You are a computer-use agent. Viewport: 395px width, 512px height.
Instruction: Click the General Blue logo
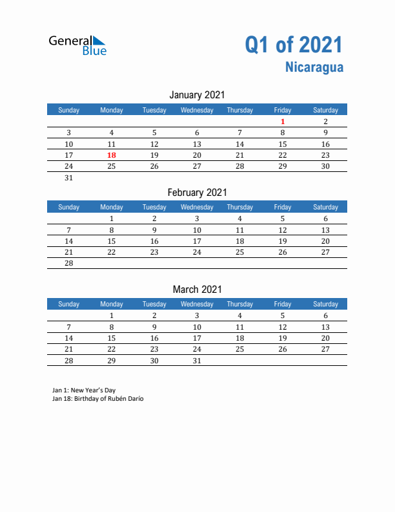[x=77, y=45]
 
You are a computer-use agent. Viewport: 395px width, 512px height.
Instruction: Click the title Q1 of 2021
[x=294, y=45]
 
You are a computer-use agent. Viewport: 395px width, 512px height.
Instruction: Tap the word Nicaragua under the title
[x=314, y=67]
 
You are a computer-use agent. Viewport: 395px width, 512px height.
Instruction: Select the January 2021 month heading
[x=197, y=95]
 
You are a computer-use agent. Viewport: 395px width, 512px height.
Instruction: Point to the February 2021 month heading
[x=197, y=192]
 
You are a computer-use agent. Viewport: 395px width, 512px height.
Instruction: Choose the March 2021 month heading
[x=197, y=289]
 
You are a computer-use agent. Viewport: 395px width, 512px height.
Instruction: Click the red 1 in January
[x=283, y=122]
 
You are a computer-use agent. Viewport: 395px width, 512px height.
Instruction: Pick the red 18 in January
[x=112, y=155]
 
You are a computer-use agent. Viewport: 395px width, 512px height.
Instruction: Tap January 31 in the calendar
[x=69, y=178]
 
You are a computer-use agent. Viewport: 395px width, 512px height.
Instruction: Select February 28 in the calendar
[x=69, y=263]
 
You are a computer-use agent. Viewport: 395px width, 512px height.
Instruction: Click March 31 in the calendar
[x=197, y=361]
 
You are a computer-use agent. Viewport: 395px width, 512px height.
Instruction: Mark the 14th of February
[x=69, y=241]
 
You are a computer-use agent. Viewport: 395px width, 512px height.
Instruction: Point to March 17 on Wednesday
[x=197, y=338]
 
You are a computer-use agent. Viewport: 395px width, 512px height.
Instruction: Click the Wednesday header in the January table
[x=197, y=110]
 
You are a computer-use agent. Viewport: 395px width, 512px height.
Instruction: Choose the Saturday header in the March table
[x=325, y=304]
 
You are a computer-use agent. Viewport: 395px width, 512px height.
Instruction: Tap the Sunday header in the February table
[x=69, y=207]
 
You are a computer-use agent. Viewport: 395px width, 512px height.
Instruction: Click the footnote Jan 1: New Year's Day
[x=84, y=390]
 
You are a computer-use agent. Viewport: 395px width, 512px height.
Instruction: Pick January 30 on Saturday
[x=325, y=166]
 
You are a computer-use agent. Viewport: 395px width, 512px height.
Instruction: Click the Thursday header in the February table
[x=239, y=207]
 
